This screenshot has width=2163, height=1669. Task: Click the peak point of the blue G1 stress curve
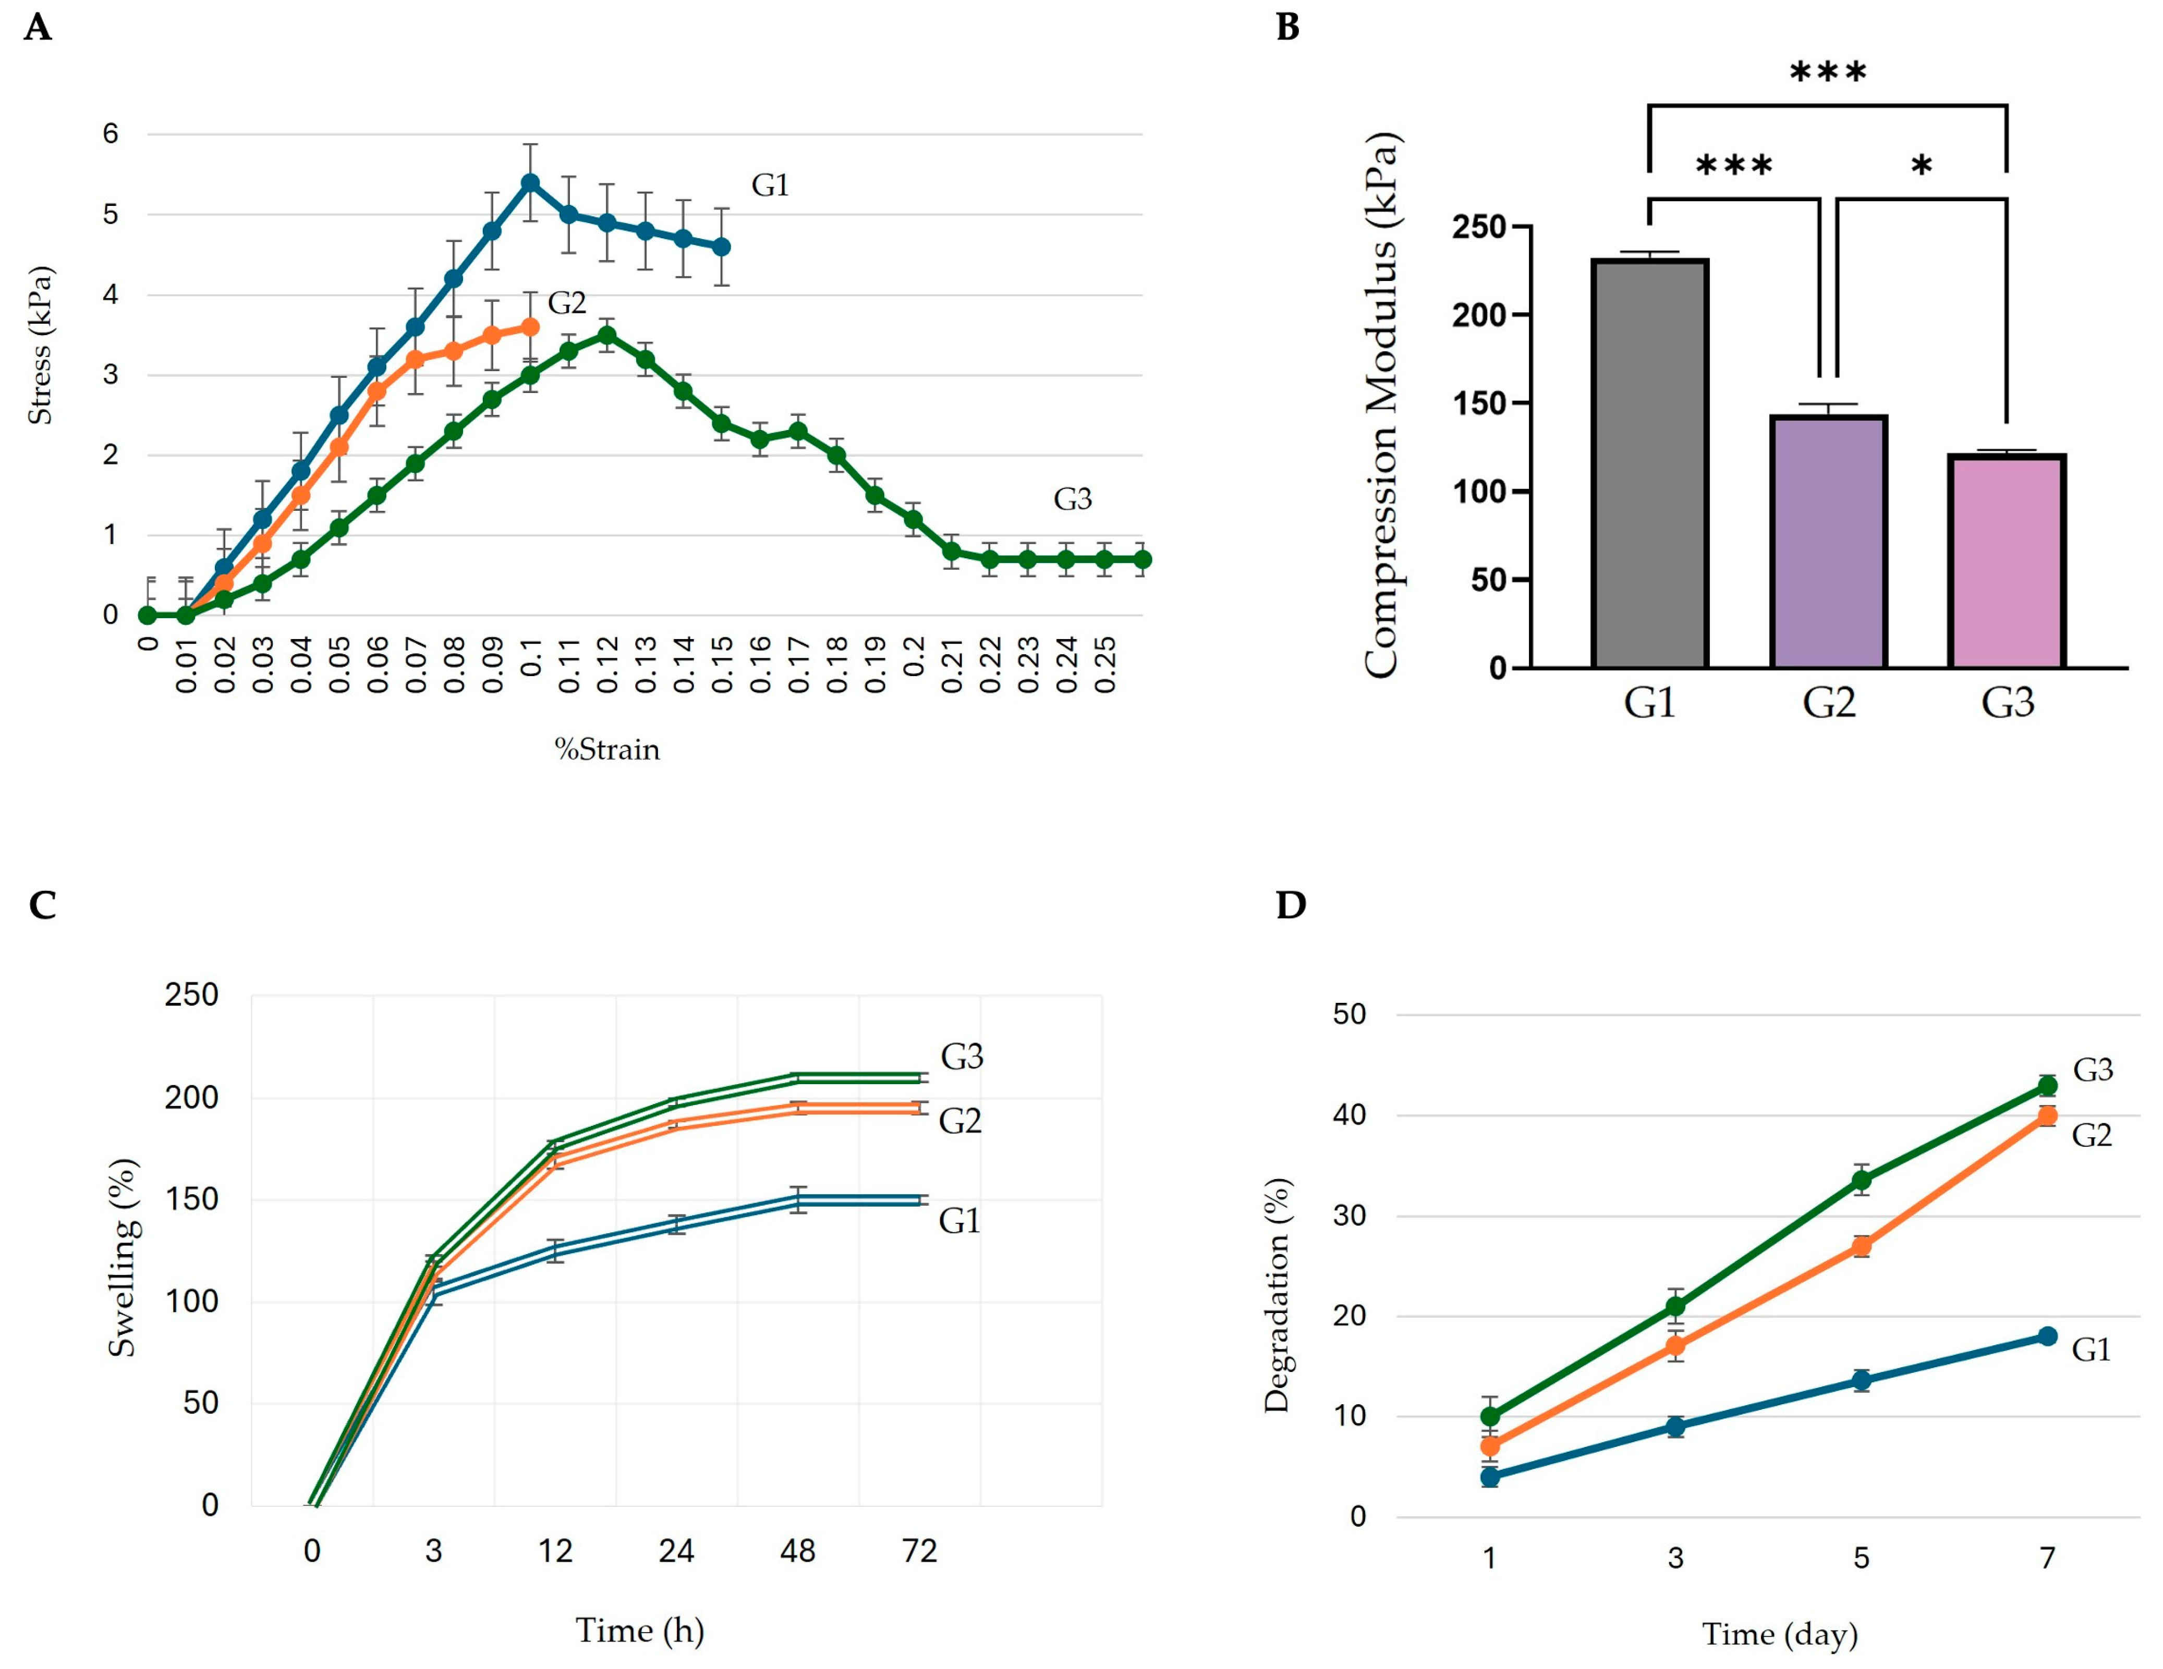530,183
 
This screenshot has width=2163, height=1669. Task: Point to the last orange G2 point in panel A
530,327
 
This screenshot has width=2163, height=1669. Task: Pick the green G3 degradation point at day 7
2047,1086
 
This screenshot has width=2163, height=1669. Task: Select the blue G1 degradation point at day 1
1489,1477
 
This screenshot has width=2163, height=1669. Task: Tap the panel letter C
42,905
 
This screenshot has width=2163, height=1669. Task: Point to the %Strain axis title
606,750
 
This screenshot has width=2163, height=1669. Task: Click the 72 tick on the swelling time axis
919,1551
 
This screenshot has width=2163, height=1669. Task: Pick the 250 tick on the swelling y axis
191,995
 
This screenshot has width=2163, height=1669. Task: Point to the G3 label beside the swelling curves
962,1057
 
